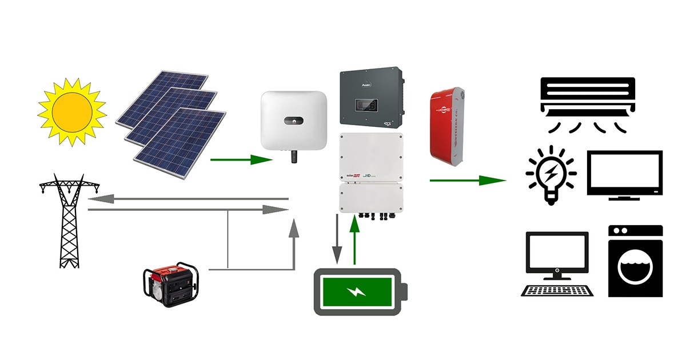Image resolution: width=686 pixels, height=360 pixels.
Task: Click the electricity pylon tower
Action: tap(69, 223)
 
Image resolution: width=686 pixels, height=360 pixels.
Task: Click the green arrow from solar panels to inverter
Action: tap(241, 159)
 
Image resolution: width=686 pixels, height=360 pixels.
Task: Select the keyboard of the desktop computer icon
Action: tap(557, 290)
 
